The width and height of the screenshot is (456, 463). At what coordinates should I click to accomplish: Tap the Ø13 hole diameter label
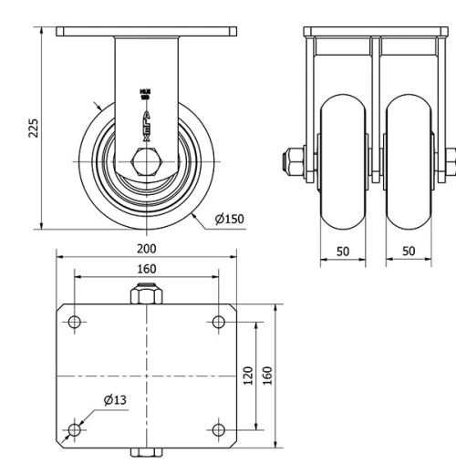(115, 400)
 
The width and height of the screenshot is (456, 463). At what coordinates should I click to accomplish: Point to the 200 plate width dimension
(146, 249)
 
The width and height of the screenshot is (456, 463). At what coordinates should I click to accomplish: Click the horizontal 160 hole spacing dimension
(146, 269)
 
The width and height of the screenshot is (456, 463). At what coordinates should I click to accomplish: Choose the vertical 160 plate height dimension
(268, 376)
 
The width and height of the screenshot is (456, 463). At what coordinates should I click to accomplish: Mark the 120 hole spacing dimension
(248, 376)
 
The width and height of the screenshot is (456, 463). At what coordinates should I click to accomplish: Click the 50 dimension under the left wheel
(343, 251)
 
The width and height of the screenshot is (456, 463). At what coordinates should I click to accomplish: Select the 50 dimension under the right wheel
(408, 251)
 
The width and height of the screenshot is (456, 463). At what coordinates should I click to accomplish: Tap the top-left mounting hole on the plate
(75, 321)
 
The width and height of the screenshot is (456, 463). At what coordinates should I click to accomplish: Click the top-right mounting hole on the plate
(218, 321)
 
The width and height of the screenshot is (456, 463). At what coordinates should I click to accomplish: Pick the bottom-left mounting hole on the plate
(75, 429)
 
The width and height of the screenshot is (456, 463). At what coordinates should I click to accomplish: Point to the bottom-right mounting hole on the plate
(218, 429)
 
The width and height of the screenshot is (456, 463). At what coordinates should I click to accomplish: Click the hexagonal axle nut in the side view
(146, 163)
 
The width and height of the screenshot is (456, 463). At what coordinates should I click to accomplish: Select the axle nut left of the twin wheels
(297, 163)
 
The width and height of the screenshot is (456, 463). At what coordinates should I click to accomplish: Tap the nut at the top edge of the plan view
(146, 295)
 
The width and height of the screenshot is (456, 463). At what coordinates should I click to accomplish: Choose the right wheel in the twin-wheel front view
(408, 162)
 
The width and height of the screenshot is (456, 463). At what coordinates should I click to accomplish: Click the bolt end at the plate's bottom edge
(146, 452)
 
